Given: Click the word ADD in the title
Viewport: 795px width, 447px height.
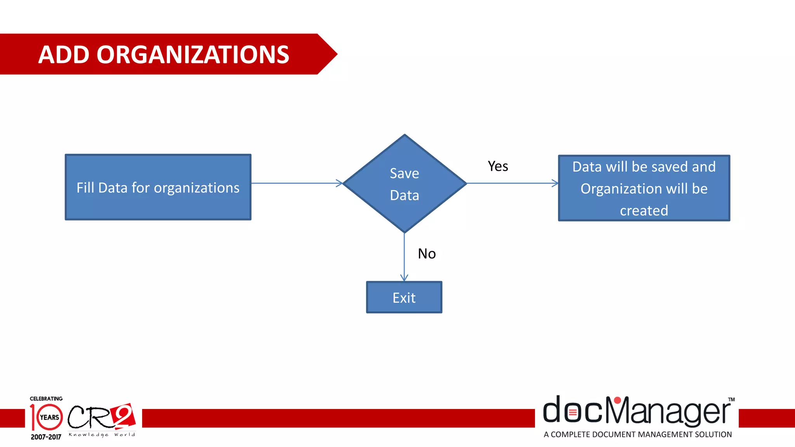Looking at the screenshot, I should [x=64, y=54].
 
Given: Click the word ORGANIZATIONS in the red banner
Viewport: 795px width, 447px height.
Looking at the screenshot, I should [x=193, y=54].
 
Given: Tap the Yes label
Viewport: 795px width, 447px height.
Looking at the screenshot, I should [x=498, y=166].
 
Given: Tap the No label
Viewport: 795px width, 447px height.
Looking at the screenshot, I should [x=427, y=254].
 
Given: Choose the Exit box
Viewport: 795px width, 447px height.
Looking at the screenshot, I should [x=404, y=298].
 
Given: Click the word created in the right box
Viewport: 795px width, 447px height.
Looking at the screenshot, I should [x=644, y=211].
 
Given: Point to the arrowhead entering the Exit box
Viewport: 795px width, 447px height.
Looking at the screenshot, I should [x=404, y=278].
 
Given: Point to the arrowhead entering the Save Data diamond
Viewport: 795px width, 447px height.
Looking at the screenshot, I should [x=340, y=183].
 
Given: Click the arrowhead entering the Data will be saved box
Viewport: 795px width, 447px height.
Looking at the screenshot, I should [x=555, y=183].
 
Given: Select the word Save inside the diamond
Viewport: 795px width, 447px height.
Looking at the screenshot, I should [x=404, y=173].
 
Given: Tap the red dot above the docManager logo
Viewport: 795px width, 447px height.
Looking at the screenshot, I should [x=617, y=400].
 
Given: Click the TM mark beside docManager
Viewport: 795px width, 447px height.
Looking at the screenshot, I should [x=731, y=399].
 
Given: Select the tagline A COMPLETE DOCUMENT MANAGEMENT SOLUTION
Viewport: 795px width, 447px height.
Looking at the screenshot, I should [x=637, y=435].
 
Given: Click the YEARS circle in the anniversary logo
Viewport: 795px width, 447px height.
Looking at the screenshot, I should [x=49, y=418].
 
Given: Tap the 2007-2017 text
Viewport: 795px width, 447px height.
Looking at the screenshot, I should [x=46, y=437].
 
